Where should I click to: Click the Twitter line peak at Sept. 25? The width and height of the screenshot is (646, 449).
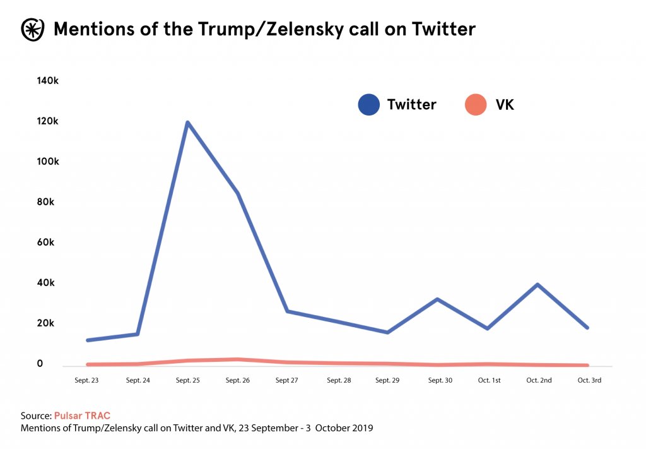(187, 123)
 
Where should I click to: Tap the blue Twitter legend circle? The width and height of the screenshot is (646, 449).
(368, 104)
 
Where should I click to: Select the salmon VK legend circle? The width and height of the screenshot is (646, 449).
(476, 104)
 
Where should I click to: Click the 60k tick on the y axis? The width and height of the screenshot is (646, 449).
(49, 242)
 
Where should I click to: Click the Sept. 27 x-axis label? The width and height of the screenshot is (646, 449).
(286, 380)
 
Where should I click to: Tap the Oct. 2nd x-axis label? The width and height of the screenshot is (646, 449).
(538, 380)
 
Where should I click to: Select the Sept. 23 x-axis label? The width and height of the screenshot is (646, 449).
(86, 380)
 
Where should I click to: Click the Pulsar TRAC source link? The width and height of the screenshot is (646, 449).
(82, 416)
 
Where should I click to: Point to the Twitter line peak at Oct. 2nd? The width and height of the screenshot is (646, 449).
(537, 285)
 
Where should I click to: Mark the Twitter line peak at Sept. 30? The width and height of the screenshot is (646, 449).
(437, 299)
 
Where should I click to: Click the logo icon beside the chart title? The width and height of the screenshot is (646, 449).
(31, 28)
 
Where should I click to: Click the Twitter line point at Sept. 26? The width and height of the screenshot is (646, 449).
(238, 193)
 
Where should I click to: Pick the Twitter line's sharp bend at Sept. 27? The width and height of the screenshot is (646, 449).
(287, 311)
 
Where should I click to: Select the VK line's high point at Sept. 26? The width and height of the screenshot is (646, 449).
(237, 359)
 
